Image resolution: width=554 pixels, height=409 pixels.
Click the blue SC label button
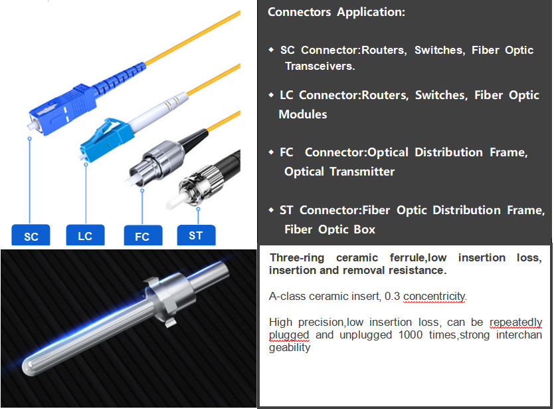tap(31, 235)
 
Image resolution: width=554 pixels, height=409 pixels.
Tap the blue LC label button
tap(85, 235)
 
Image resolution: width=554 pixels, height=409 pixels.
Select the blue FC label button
tap(143, 235)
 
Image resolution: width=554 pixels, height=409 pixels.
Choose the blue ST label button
tap(196, 235)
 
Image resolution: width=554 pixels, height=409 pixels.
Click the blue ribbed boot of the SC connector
tap(120, 78)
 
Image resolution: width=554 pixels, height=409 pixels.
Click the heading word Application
tap(371, 12)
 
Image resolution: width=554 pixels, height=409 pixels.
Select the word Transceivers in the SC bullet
tap(320, 66)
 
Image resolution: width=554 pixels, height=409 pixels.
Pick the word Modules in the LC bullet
tap(303, 114)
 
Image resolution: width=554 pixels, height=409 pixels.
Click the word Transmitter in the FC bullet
tap(362, 172)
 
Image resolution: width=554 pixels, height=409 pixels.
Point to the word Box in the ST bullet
tap(364, 229)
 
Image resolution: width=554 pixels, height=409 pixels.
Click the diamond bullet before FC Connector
tap(271, 152)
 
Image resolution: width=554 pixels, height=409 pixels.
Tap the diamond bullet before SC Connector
tap(271, 50)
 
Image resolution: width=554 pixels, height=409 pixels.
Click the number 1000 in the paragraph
tap(411, 335)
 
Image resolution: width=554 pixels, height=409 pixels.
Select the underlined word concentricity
tap(434, 296)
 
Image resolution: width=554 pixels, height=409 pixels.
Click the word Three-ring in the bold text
tap(297, 257)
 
